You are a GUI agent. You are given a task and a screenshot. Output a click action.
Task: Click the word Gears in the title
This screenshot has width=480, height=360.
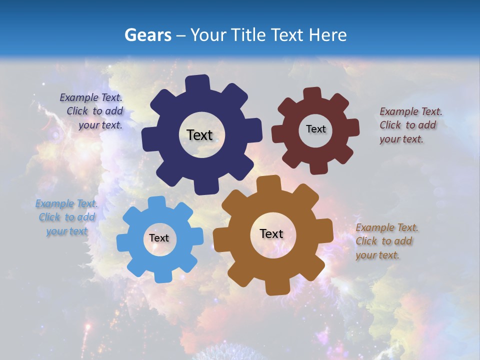(147, 35)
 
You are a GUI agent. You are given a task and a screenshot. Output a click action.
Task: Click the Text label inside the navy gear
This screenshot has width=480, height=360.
(199, 135)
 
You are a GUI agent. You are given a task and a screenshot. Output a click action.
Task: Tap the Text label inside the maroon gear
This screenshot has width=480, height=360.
(315, 129)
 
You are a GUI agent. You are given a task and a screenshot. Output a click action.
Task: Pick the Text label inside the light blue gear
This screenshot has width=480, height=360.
(159, 238)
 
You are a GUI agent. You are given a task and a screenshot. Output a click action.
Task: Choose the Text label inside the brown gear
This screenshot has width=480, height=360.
(271, 233)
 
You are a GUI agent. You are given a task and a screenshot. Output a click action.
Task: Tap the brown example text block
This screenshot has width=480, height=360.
(385, 241)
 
